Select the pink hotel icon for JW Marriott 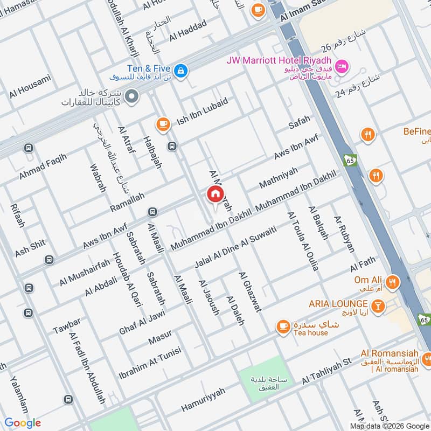[342, 67]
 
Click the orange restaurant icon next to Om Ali [393, 281]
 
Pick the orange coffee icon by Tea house [282, 326]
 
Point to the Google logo [23, 423]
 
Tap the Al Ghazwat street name [249, 291]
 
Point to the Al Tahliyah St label [326, 371]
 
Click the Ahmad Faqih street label [43, 166]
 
